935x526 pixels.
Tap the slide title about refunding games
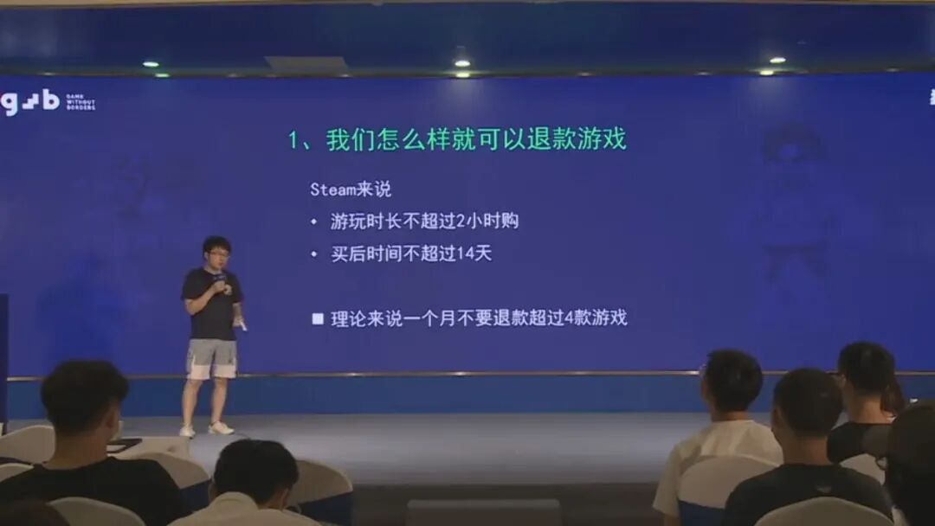tap(458, 139)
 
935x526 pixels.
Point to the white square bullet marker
tap(318, 318)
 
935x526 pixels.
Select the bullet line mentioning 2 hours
tap(424, 221)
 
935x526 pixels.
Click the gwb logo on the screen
tap(31, 102)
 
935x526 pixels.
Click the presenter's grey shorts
tap(212, 357)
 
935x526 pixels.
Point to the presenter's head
tap(216, 252)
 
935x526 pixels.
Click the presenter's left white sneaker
tap(187, 430)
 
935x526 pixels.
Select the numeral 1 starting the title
tap(294, 140)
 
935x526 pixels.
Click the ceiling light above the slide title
tap(462, 62)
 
